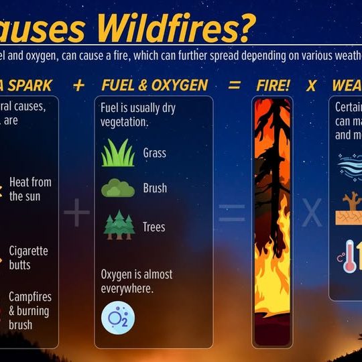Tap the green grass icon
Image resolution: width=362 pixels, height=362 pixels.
[x=117, y=153]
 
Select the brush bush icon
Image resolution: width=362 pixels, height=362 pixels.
[x=117, y=188]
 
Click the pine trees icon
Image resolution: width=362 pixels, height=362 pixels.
[x=119, y=226]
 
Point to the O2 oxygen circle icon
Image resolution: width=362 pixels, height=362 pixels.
[x=117, y=317]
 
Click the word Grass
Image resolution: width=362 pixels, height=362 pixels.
[x=154, y=154]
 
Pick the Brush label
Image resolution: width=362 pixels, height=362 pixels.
[x=155, y=189]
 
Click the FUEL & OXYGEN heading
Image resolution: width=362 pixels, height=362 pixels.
[x=154, y=85]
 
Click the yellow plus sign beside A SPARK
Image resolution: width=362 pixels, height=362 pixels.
[x=79, y=85]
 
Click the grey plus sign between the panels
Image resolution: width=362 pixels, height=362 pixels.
[x=76, y=213]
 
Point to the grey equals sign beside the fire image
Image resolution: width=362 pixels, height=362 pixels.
[x=232, y=213]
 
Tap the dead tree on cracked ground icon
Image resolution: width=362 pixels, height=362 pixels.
[x=349, y=208]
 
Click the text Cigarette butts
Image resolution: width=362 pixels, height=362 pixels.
[x=28, y=258]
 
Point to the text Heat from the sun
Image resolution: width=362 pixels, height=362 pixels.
[x=30, y=189]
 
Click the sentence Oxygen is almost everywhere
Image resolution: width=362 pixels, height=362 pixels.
[x=136, y=282]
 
